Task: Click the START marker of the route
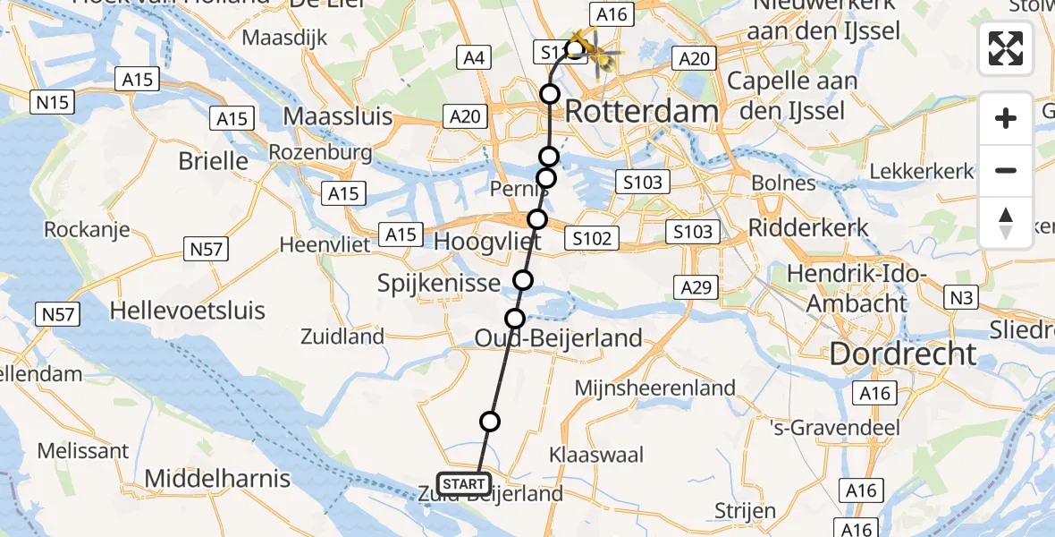pos(464,484)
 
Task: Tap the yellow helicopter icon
pos(597,51)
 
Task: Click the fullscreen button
pos(1006,48)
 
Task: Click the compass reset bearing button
pos(1006,223)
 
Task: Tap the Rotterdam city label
pos(642,112)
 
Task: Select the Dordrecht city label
pos(903,354)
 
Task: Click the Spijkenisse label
pos(438,284)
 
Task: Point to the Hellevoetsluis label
pos(188,311)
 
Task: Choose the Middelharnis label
pos(217,478)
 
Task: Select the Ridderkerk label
pos(809,226)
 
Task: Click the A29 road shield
pos(696,286)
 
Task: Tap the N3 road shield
pos(962,296)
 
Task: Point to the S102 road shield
pos(591,238)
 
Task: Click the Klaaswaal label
pos(597,455)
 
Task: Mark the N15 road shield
pos(54,103)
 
